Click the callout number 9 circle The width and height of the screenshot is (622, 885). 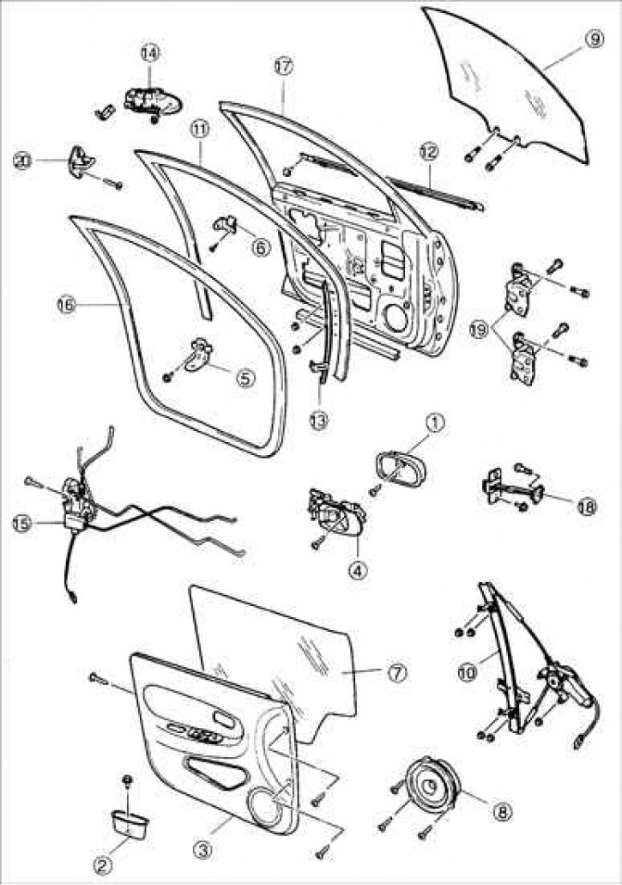pyautogui.click(x=591, y=39)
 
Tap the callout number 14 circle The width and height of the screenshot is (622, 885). pyautogui.click(x=149, y=52)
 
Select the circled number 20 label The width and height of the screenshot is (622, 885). pyautogui.click(x=23, y=159)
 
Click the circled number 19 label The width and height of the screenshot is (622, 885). pyautogui.click(x=479, y=328)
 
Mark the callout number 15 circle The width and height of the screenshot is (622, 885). pyautogui.click(x=21, y=521)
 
